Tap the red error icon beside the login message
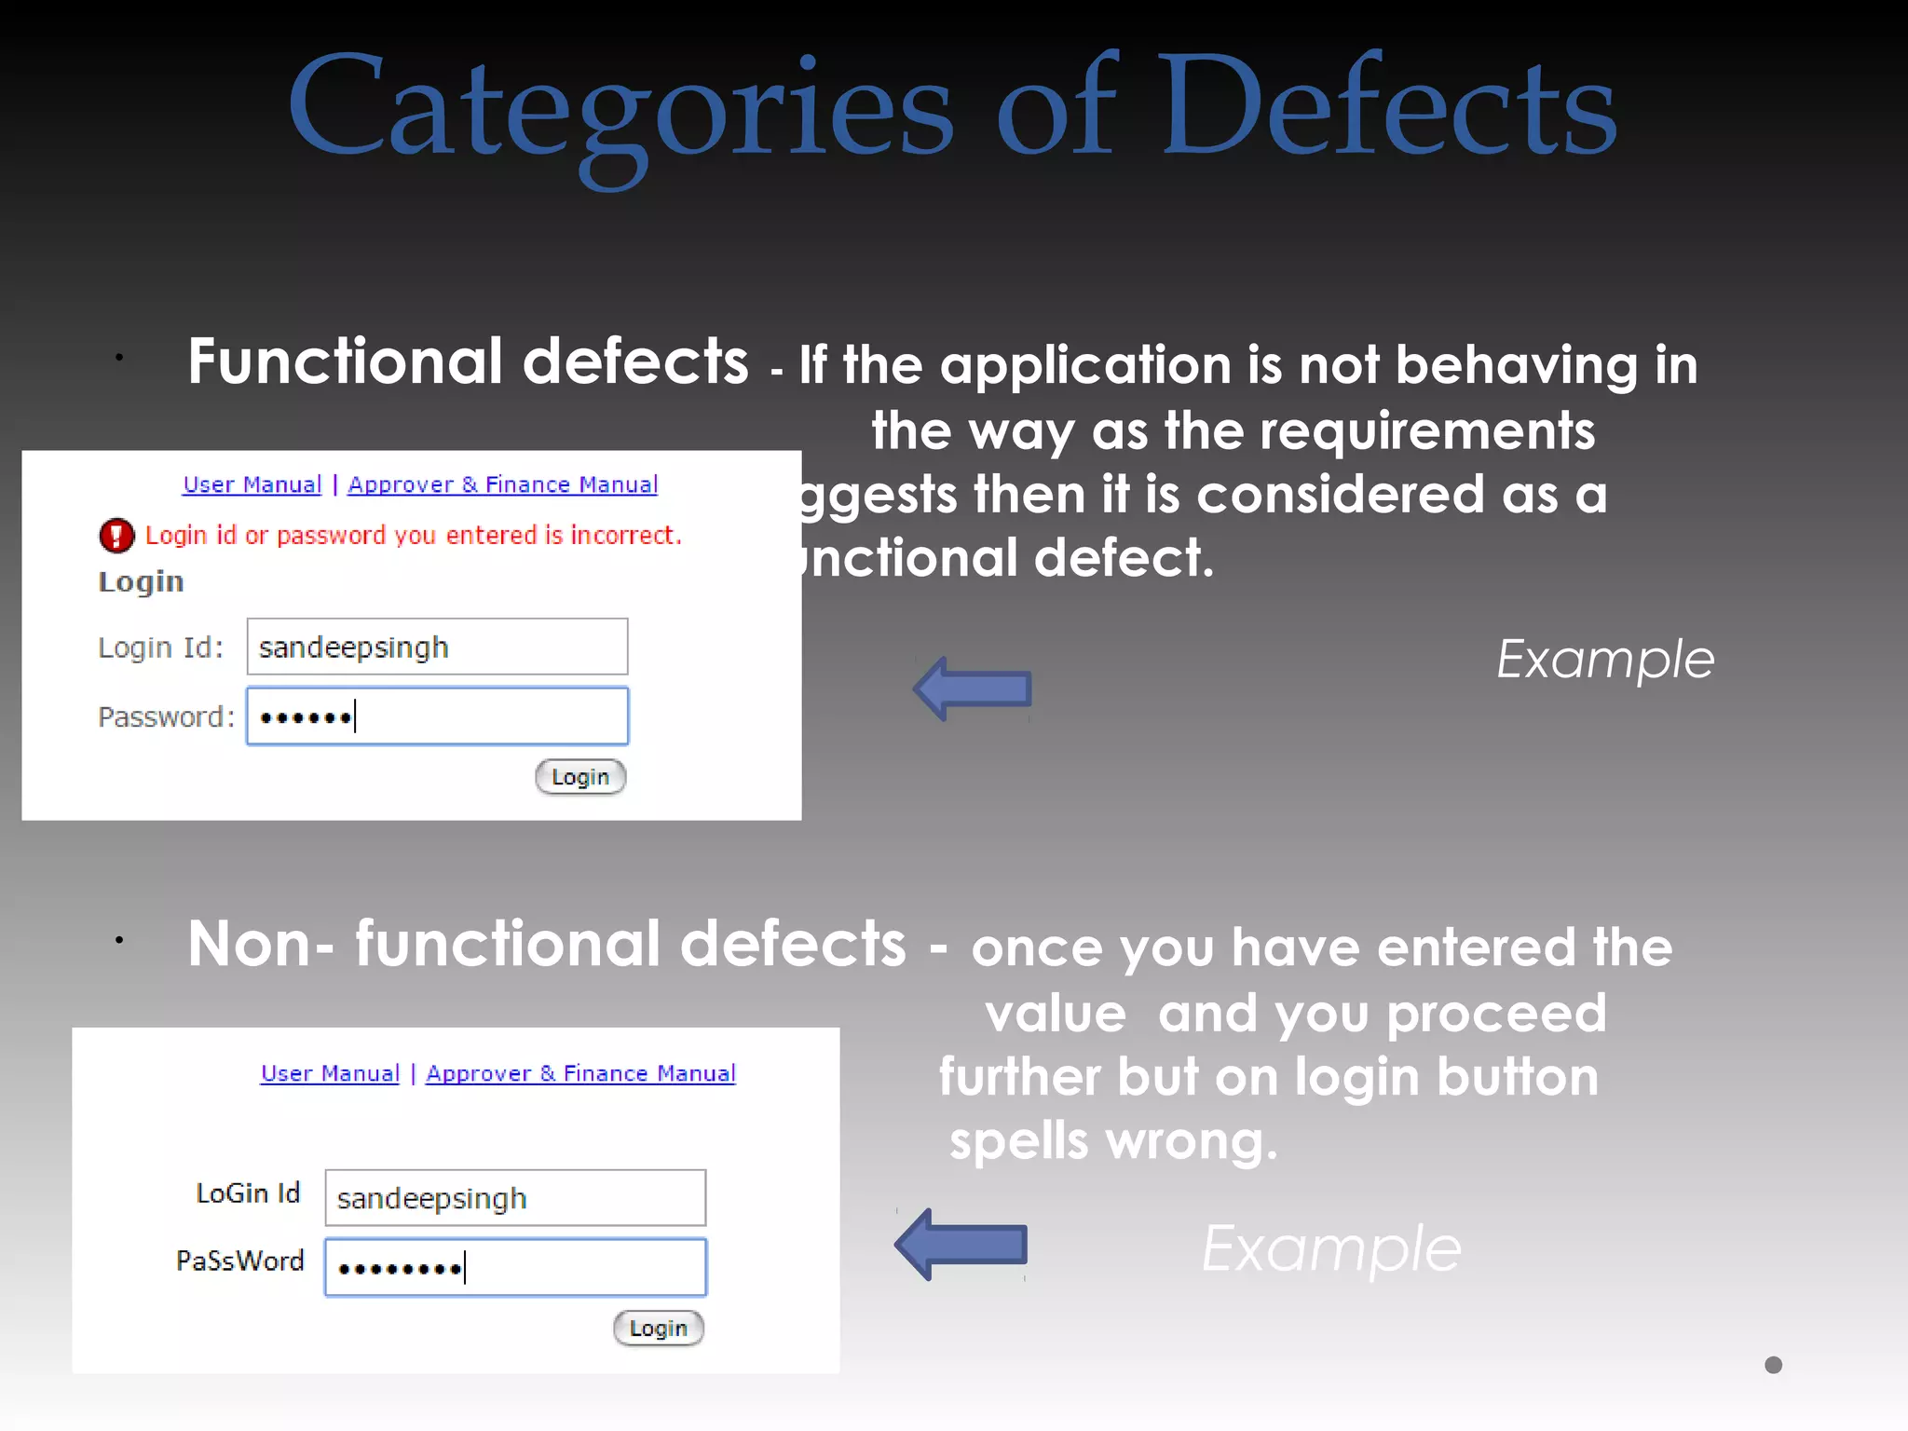pyautogui.click(x=116, y=535)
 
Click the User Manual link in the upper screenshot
pyautogui.click(x=252, y=484)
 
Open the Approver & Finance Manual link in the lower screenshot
pyautogui.click(x=580, y=1073)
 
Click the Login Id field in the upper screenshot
pyautogui.click(x=437, y=647)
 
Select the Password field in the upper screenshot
pyautogui.click(x=437, y=716)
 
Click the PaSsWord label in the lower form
pyautogui.click(x=240, y=1261)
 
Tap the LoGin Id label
pyautogui.click(x=248, y=1193)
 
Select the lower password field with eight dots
pyautogui.click(x=515, y=1267)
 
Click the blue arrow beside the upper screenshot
pyautogui.click(x=973, y=688)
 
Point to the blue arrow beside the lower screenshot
pyautogui.click(x=961, y=1245)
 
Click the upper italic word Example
pyautogui.click(x=1604, y=660)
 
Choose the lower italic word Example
pyautogui.click(x=1331, y=1248)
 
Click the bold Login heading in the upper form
pyautogui.click(x=141, y=581)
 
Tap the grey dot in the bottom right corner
pyautogui.click(x=1773, y=1365)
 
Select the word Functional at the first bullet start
pyautogui.click(x=345, y=361)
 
